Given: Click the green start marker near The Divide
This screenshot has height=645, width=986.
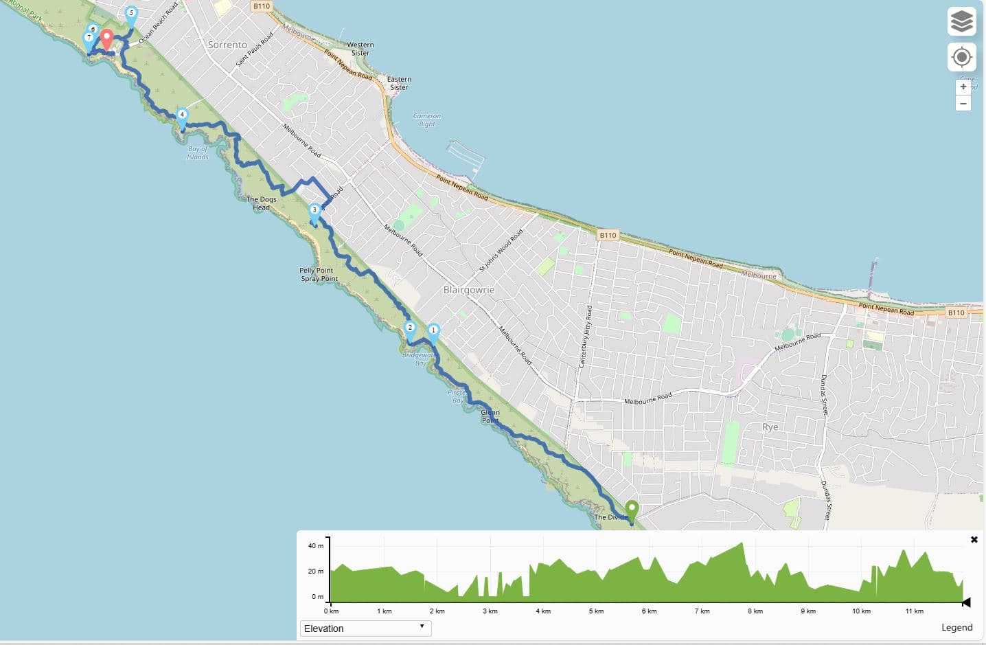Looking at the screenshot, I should (x=632, y=510).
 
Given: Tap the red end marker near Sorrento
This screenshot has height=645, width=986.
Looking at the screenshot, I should (x=106, y=38).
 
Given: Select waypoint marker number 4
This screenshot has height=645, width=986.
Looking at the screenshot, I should (x=182, y=116).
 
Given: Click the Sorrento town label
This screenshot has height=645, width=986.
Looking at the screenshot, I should (x=227, y=45).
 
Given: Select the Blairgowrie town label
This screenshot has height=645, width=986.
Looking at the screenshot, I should (x=469, y=290).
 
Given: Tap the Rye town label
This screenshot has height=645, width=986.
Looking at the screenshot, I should (x=770, y=427).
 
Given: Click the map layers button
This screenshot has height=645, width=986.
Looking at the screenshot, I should (x=961, y=21).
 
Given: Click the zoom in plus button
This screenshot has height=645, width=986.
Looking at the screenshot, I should (x=963, y=87).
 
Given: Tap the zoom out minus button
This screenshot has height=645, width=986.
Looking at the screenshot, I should (x=963, y=104).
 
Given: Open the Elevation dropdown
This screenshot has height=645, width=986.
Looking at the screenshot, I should (x=365, y=628).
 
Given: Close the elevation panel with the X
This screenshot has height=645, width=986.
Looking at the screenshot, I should (x=974, y=540).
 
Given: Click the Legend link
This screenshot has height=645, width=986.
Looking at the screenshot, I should (x=956, y=627).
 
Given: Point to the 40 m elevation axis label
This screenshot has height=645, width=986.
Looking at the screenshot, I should (x=315, y=546).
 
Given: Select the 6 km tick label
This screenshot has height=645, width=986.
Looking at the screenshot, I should (x=649, y=611).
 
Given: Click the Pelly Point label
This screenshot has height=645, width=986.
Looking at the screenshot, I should (x=316, y=271).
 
